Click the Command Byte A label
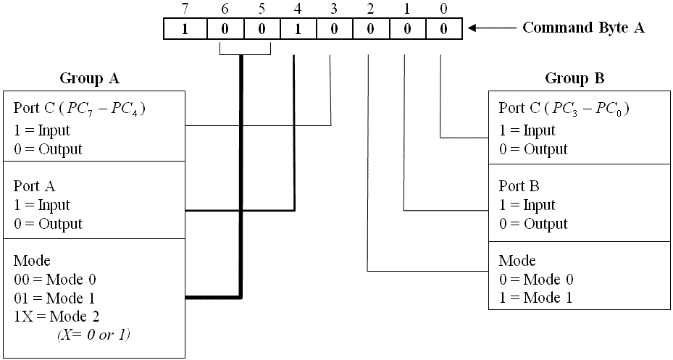point(583,28)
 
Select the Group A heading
point(88,78)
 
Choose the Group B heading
point(574,78)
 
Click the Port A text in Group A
point(33,186)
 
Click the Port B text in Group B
point(518,186)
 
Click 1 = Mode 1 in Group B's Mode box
point(535,297)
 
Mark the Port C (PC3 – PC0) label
point(564,109)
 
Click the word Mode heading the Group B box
point(517,261)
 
